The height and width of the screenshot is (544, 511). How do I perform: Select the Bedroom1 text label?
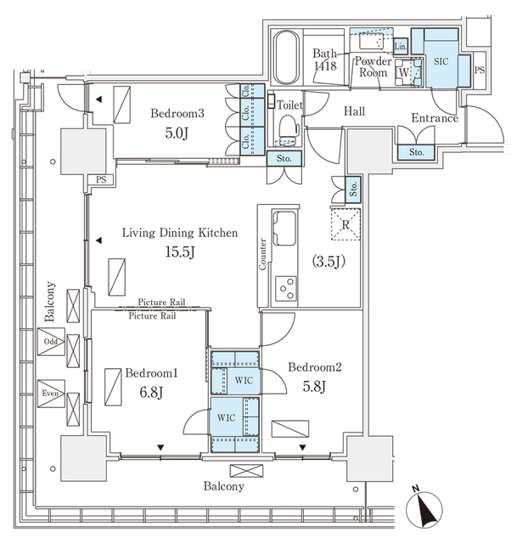(152, 373)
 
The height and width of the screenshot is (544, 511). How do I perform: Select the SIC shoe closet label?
(440, 62)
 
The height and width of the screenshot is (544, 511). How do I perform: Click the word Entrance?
(434, 118)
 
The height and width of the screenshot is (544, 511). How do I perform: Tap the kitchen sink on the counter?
(285, 228)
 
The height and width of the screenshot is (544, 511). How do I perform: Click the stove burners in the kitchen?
(286, 287)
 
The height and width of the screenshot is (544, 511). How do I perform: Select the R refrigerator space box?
(346, 224)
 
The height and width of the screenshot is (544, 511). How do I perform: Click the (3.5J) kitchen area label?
(328, 261)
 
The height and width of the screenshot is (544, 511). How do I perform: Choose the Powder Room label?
(373, 67)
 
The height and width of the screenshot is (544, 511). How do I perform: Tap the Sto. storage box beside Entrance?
(416, 152)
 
